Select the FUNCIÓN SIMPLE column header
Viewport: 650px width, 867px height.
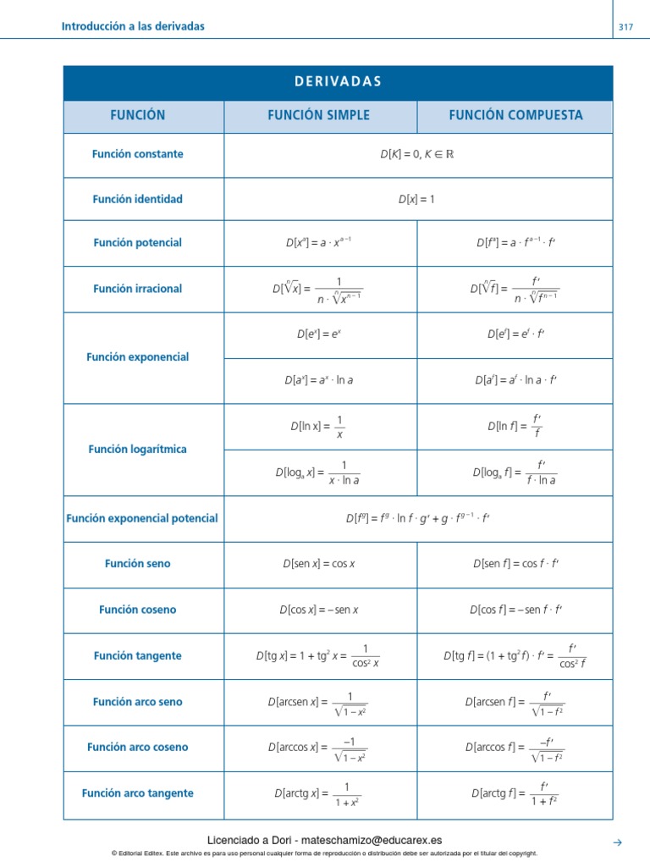click(x=319, y=115)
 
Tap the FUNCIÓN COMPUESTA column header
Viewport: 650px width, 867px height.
click(x=515, y=115)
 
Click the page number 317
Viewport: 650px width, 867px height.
click(x=625, y=27)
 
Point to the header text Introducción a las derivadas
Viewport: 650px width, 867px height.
click(x=133, y=26)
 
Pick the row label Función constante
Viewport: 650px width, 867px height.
click(x=137, y=154)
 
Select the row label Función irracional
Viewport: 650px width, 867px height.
click(x=137, y=289)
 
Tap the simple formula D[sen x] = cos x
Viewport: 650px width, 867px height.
click(x=318, y=563)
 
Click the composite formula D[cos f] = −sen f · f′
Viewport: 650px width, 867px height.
click(x=515, y=609)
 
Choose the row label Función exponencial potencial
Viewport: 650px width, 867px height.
click(x=141, y=518)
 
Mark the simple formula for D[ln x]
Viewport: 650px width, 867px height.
click(x=317, y=427)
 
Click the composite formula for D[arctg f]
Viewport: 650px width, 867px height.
click(x=515, y=793)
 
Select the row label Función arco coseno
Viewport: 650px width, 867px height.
click(x=137, y=747)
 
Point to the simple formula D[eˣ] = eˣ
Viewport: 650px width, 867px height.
click(x=318, y=334)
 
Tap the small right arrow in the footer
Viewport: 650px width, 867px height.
click(x=617, y=842)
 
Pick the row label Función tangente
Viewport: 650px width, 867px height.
click(x=137, y=655)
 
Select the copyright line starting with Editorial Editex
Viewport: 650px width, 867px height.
click(x=325, y=853)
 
